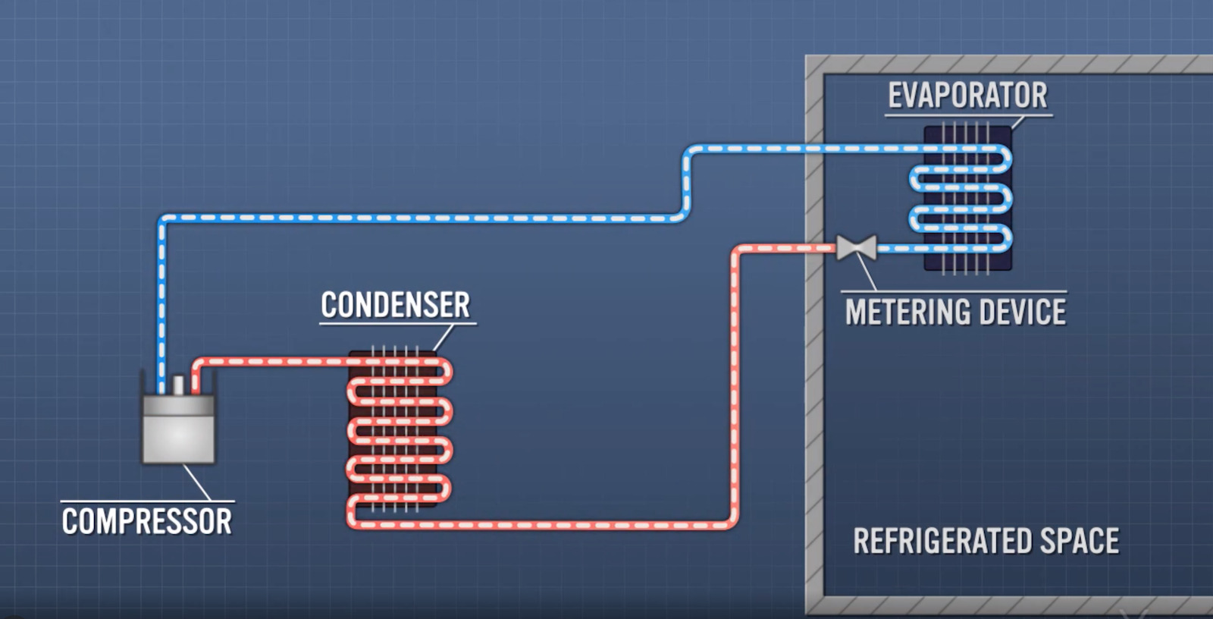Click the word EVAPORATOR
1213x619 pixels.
tap(967, 96)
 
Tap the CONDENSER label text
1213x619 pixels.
tap(395, 305)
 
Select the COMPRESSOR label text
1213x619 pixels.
tap(147, 522)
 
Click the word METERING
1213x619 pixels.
tap(904, 313)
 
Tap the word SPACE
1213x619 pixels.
tap(1079, 542)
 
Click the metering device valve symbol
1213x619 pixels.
tap(857, 247)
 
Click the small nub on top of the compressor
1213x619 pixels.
tap(178, 385)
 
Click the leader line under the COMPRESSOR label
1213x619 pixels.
tap(197, 482)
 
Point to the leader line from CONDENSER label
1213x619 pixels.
tap(444, 338)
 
